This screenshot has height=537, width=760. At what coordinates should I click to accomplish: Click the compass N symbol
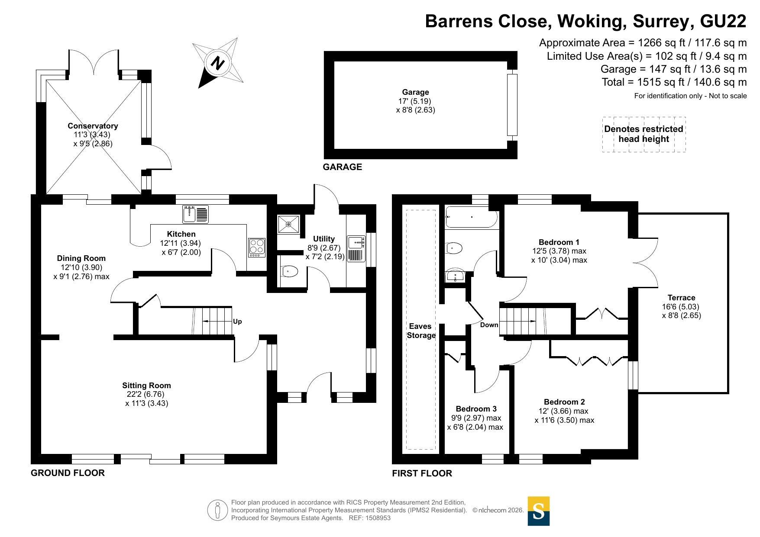(218, 63)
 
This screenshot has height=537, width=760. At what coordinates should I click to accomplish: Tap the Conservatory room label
(93, 126)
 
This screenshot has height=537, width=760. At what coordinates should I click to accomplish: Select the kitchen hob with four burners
(257, 248)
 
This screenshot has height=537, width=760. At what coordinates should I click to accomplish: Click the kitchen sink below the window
(195, 214)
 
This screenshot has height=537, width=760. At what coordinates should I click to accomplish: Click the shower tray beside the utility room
(288, 224)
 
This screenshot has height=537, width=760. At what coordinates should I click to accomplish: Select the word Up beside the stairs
(237, 322)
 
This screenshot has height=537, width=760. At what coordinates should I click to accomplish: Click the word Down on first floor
(489, 325)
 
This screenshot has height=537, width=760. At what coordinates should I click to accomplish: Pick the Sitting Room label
(146, 386)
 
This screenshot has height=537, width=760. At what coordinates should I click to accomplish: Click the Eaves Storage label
(421, 331)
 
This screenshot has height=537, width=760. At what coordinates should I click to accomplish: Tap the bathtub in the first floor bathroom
(472, 217)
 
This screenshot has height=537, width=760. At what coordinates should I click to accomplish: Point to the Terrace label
(681, 298)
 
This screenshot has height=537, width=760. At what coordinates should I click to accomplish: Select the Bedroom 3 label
(476, 409)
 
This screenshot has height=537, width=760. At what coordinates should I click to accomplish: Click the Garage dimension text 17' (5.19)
(415, 101)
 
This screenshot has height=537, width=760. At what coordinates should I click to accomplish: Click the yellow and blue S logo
(539, 511)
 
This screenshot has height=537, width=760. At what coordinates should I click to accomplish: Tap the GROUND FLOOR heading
(68, 473)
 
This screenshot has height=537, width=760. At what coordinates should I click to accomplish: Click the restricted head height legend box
(644, 134)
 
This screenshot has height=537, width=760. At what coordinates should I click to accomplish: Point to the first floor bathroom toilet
(454, 248)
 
